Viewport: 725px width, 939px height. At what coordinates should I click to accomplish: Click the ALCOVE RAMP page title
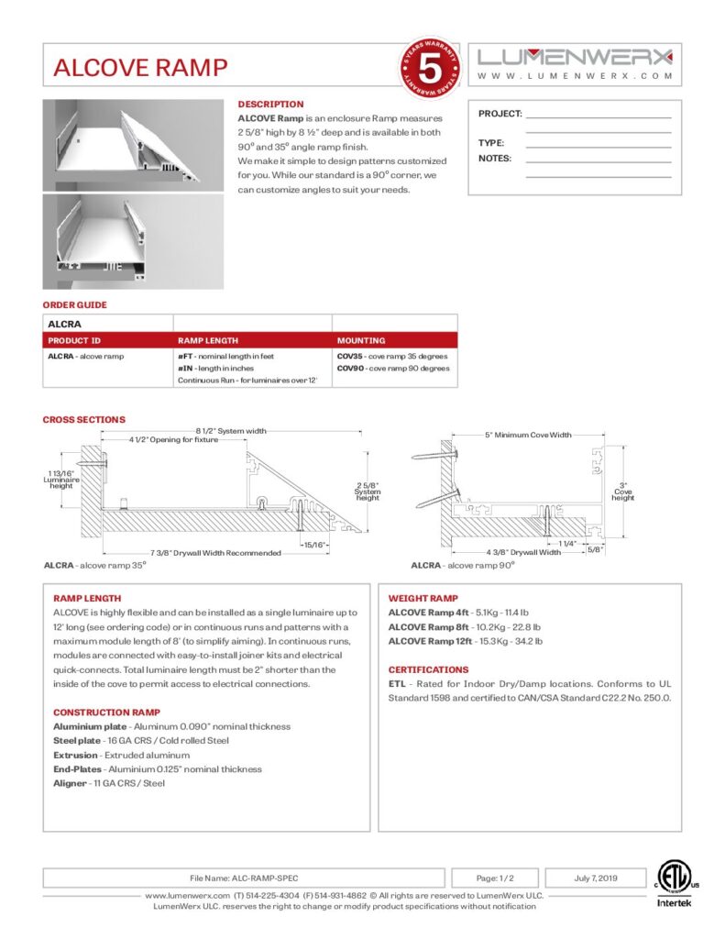point(140,68)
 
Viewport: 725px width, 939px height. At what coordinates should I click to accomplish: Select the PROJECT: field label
point(500,114)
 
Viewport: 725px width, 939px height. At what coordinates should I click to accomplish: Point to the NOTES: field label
point(495,159)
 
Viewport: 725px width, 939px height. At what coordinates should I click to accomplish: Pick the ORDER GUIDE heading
point(74,305)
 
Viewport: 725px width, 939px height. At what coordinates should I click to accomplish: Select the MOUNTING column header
point(361,340)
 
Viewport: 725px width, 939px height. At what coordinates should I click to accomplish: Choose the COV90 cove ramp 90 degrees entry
point(392,368)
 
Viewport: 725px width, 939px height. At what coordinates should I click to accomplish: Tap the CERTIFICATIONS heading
point(428,669)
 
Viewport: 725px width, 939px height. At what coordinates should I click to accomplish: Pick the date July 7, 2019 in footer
point(596,878)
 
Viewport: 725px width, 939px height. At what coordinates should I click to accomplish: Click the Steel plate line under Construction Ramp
point(141,740)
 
